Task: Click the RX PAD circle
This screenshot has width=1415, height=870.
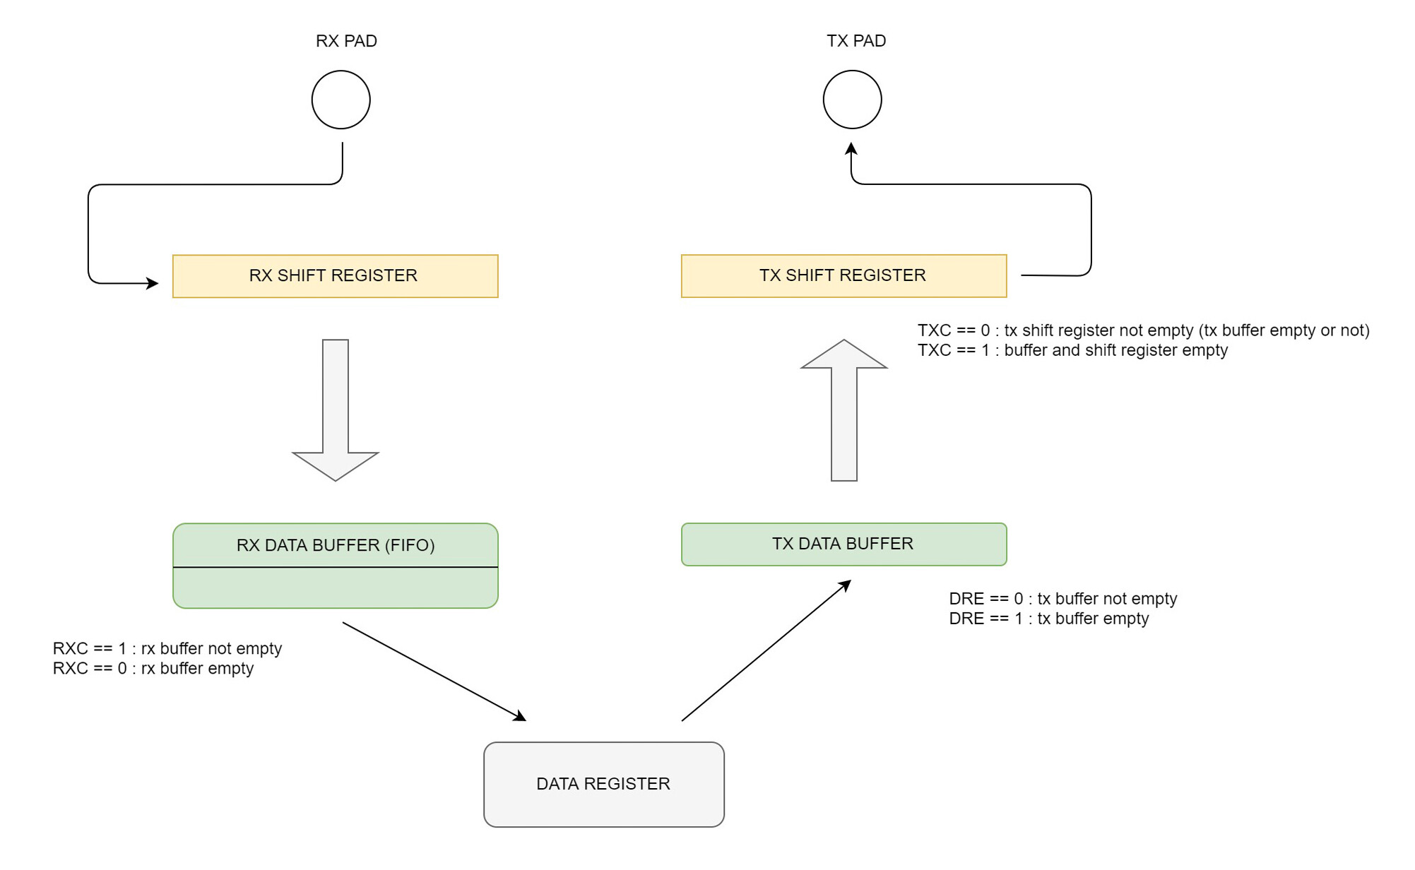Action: click(341, 100)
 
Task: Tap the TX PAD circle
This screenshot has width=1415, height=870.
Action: click(852, 100)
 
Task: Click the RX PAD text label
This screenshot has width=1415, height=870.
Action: click(346, 41)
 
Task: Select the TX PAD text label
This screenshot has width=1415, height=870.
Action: click(856, 41)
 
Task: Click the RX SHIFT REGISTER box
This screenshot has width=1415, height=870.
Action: click(335, 276)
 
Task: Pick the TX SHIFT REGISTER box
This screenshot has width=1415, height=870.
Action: click(843, 276)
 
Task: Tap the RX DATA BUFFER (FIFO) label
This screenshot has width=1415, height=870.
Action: click(335, 545)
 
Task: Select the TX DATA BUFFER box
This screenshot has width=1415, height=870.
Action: click(843, 544)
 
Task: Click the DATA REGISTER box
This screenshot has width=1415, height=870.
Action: click(603, 784)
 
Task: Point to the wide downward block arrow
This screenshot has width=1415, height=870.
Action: click(336, 410)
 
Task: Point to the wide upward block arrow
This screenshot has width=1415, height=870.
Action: click(844, 410)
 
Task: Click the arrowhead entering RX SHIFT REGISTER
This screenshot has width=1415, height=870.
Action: click(153, 283)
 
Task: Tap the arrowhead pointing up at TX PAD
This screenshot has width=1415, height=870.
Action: click(851, 149)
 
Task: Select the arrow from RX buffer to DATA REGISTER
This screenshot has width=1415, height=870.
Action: click(434, 672)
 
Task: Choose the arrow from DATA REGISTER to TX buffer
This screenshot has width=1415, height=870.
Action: click(766, 650)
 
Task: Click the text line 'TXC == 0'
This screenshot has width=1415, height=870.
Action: click(1143, 330)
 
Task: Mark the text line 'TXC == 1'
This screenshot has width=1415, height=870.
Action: click(1072, 350)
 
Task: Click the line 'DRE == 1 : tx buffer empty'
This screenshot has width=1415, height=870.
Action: click(1048, 619)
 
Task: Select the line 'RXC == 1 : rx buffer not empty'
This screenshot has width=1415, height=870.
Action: click(167, 648)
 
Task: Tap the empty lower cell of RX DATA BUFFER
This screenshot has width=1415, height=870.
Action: click(335, 587)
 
